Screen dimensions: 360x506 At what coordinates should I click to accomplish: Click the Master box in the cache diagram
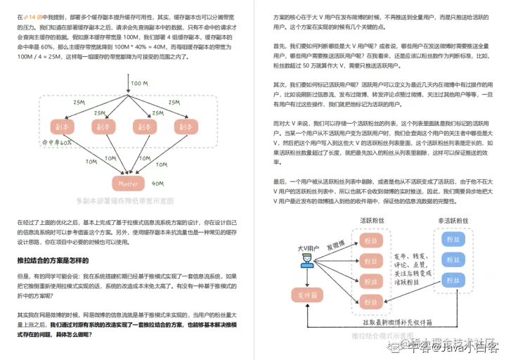[x=128, y=184]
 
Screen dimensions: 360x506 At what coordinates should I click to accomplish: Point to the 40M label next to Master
[x=158, y=184]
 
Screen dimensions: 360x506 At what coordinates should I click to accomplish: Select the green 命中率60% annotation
[x=57, y=142]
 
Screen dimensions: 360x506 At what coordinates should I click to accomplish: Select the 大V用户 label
[x=308, y=248]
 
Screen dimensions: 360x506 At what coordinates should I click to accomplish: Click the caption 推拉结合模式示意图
[x=383, y=335]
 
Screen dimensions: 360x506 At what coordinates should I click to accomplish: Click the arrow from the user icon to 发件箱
[x=306, y=279]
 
